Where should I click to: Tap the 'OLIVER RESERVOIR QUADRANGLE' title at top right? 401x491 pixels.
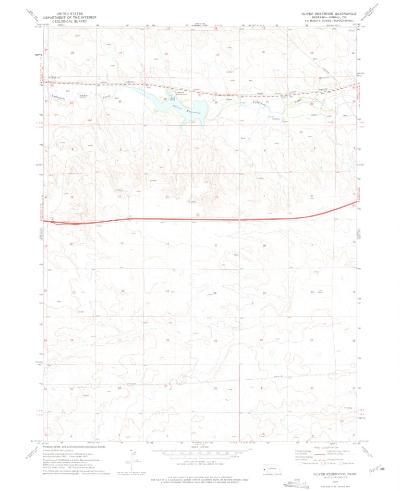(x=329, y=14)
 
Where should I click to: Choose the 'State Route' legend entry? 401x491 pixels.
(x=352, y=463)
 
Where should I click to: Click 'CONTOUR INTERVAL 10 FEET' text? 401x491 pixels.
(x=200, y=461)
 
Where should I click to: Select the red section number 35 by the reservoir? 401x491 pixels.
(x=165, y=99)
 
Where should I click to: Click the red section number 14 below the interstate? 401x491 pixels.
(x=168, y=244)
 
